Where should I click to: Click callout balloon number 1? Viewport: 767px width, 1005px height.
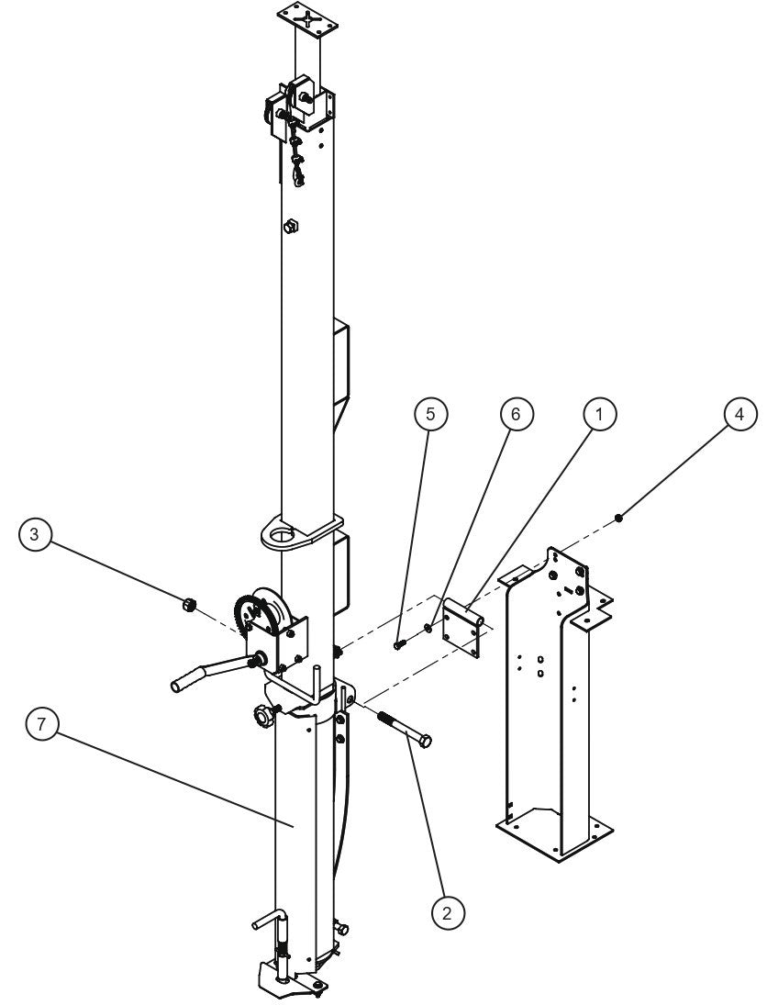[x=599, y=416]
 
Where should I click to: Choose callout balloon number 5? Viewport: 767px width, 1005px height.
[x=430, y=416]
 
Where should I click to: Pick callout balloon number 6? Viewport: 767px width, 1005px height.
[x=515, y=416]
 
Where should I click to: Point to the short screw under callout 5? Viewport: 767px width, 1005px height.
[x=399, y=644]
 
